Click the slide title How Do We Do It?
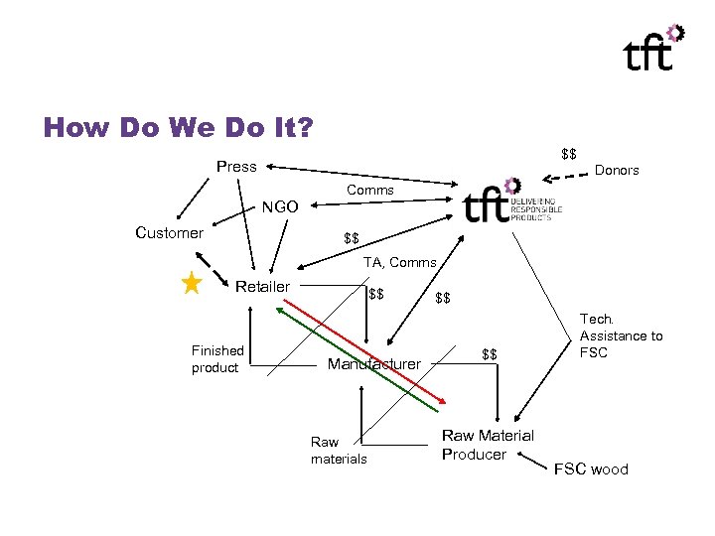click(x=178, y=127)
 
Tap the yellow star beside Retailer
click(x=193, y=285)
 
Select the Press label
click(x=236, y=167)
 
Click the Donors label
click(x=617, y=170)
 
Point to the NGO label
click(x=279, y=208)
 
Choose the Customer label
click(x=169, y=233)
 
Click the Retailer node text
click(x=262, y=287)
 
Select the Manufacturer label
click(x=374, y=364)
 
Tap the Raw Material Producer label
click(x=487, y=445)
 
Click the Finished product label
click(x=217, y=359)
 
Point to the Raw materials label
click(x=339, y=451)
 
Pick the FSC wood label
click(x=591, y=469)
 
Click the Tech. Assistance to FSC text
click(x=621, y=335)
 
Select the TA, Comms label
click(x=399, y=262)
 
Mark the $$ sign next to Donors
click(x=569, y=154)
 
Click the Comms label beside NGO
click(x=370, y=190)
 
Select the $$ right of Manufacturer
click(x=489, y=354)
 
